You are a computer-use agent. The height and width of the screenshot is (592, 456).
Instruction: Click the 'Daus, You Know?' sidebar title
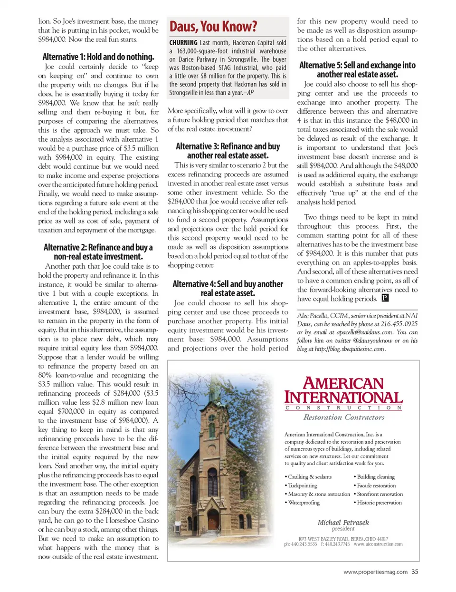pos(213,26)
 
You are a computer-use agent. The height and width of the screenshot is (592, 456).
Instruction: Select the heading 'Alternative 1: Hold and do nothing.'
pos(98,57)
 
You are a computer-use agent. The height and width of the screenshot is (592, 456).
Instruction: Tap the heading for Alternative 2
pos(98,252)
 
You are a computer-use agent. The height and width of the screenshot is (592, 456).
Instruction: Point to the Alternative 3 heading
pos(228,151)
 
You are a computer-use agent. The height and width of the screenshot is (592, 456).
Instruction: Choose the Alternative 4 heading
pos(228,288)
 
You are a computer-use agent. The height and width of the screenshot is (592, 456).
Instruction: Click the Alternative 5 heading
pos(357,69)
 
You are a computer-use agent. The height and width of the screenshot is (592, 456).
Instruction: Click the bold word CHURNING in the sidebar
pos(183,43)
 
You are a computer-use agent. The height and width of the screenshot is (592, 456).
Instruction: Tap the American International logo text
pos(343,390)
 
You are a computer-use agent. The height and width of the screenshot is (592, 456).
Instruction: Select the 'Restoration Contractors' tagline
pos(344,417)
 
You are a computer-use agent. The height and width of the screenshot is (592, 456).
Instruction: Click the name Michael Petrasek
pos(343,522)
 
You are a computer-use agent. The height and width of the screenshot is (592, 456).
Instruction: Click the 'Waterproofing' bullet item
pos(304,503)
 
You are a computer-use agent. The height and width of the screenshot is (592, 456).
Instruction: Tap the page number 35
pos(415,572)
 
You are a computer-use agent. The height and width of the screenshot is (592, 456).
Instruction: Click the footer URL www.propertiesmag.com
pos(375,572)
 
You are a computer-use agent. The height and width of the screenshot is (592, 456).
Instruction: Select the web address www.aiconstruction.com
pos(378,544)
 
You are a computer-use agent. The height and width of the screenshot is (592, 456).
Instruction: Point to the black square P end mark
pos(385,299)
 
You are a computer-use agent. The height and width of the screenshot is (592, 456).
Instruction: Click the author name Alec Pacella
pos(312,316)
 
